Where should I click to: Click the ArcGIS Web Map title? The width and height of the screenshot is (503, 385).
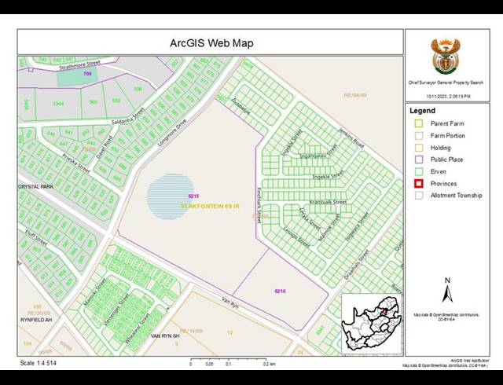tap(211, 42)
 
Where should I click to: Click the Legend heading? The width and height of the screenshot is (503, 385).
tap(422, 111)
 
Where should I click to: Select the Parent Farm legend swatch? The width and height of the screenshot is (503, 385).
tap(419, 123)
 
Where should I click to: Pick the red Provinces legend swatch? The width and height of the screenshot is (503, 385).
tap(419, 183)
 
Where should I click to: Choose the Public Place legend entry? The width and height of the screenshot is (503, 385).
tap(447, 159)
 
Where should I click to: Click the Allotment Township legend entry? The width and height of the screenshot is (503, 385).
tap(456, 195)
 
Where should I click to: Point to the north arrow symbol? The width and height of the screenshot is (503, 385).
tap(447, 292)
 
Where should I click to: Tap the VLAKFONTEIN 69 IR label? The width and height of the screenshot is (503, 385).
tap(214, 205)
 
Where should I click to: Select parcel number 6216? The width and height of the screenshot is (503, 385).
tap(280, 291)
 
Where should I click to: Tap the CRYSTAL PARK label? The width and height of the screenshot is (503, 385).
tap(36, 187)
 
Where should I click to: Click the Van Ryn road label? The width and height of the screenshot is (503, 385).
tap(229, 303)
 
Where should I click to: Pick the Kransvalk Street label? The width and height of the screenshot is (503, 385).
tap(328, 202)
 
